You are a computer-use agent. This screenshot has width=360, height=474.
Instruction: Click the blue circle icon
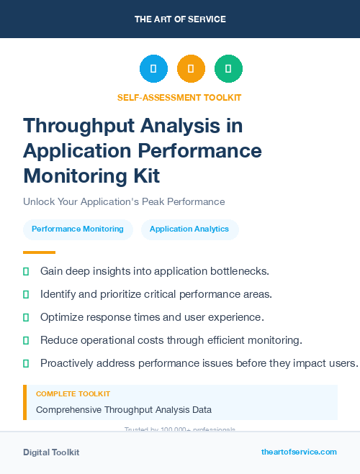[153, 69]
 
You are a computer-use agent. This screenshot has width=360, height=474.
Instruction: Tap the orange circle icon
[191, 69]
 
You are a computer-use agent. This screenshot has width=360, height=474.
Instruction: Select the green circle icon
[228, 69]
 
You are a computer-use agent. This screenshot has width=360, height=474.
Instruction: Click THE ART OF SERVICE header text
[180, 19]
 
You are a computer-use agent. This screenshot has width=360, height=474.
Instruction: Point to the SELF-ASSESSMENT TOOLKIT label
[179, 98]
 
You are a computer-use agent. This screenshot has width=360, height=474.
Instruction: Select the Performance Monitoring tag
[78, 229]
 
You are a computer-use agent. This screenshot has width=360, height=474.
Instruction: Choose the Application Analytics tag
[189, 229]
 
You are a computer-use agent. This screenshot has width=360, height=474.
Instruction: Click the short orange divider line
[39, 252]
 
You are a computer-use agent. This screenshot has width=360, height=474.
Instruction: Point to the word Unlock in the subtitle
[39, 202]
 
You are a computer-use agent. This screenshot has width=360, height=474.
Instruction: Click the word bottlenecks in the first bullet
[235, 271]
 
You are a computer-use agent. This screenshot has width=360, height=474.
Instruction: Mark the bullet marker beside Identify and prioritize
[26, 294]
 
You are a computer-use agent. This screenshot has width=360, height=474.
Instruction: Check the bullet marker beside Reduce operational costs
[26, 340]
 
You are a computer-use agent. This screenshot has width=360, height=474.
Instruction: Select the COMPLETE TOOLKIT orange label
[73, 394]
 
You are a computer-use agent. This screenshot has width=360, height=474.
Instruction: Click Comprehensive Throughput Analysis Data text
[124, 410]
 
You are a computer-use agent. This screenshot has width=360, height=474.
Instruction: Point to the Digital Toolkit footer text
[51, 452]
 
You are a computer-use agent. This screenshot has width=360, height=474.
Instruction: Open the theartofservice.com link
[299, 452]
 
